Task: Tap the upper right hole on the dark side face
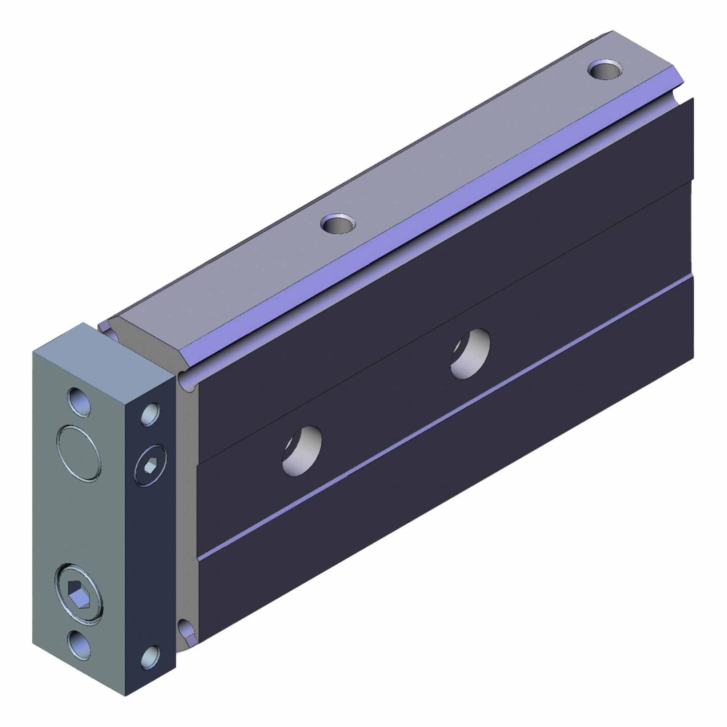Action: click(x=470, y=349)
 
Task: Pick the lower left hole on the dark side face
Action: click(x=302, y=451)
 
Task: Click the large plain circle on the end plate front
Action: click(x=78, y=453)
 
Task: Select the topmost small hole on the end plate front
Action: click(x=79, y=402)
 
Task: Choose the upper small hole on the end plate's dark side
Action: click(x=150, y=414)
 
